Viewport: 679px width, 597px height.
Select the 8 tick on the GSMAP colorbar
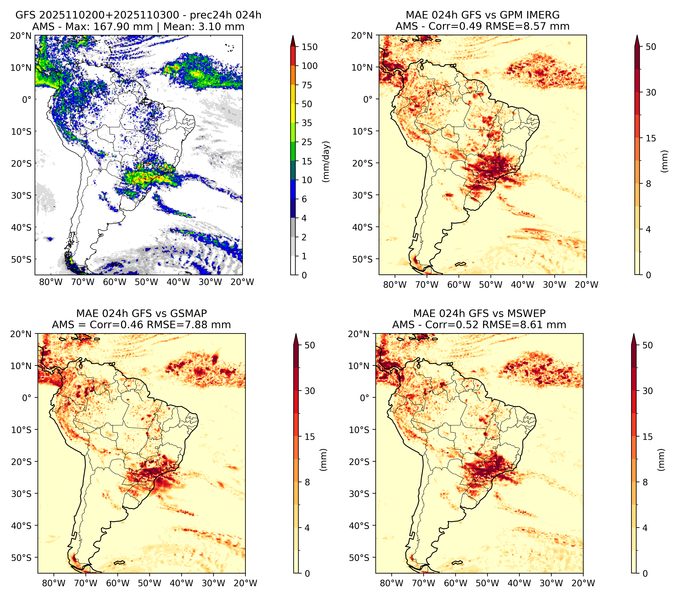point(307,482)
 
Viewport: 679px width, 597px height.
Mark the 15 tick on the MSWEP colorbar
point(647,437)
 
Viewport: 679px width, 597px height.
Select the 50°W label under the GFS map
point(146,282)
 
